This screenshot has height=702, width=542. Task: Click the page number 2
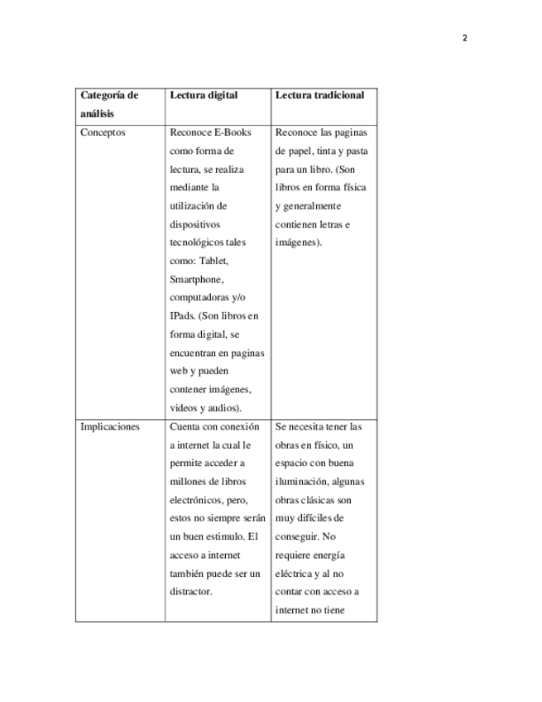pos(464,38)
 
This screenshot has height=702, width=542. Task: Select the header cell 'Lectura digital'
pos(204,95)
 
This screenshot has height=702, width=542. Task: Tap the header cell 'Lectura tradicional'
pos(319,95)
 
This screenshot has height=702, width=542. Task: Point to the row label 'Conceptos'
pos(103,132)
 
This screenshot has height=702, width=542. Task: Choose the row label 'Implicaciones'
pos(110,427)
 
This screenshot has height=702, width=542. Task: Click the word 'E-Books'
pos(233,132)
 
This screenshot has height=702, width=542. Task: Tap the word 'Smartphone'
pos(196,280)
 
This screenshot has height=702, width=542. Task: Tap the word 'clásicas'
pos(319,500)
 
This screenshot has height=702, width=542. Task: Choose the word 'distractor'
pos(191,592)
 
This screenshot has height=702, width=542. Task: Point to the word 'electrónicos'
pos(197,500)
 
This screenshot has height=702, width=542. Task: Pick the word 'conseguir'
pos(296,536)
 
